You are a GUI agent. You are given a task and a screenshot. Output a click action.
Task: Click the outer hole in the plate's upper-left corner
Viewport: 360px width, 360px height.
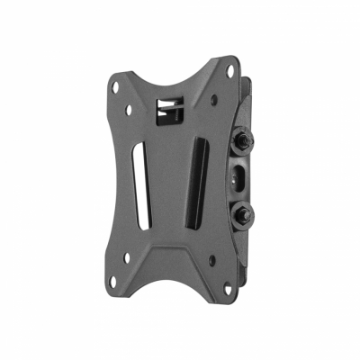coord(114,88)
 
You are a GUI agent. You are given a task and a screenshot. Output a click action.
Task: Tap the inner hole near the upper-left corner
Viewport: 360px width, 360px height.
coord(129,110)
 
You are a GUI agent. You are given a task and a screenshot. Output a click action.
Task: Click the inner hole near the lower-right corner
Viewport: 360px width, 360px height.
coord(212,260)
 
